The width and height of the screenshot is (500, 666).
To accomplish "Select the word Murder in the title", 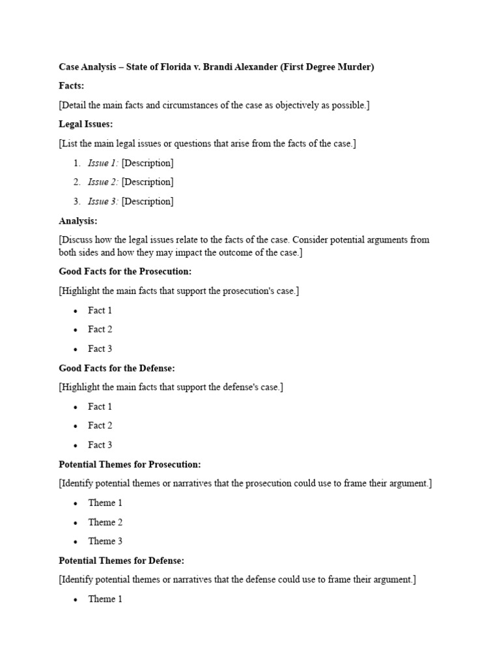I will [354, 67].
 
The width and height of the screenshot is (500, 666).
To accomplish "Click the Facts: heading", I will [72, 86].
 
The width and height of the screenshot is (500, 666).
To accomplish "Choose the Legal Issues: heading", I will [86, 124].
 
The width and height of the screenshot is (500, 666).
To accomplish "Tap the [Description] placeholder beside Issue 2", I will [147, 182].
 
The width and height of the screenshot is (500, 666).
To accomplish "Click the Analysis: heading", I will [78, 220].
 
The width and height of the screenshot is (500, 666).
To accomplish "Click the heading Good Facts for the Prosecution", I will [125, 271].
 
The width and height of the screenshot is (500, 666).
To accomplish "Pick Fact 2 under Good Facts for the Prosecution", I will [100, 329].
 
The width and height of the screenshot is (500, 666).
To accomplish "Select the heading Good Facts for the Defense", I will [117, 367].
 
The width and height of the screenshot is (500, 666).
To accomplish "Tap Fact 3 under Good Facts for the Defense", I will [100, 445].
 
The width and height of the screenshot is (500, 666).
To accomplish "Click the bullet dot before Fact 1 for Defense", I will [76, 407].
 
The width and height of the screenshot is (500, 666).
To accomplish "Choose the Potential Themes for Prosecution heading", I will [130, 464].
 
